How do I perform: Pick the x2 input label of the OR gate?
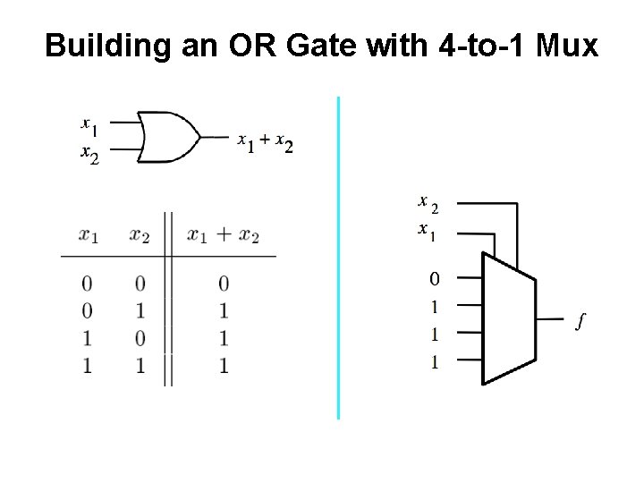(x=89, y=155)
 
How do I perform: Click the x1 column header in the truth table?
(x=89, y=236)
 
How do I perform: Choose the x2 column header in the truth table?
(x=140, y=236)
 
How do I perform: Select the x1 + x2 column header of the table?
(x=223, y=236)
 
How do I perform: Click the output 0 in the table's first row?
(x=224, y=284)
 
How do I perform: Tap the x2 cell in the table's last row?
(x=140, y=365)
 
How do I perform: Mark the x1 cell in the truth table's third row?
(x=87, y=338)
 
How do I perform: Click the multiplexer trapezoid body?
(x=508, y=318)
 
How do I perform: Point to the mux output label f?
(x=581, y=319)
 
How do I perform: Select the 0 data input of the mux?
(x=434, y=279)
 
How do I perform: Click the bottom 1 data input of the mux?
(x=434, y=362)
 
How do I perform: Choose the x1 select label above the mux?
(x=428, y=231)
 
